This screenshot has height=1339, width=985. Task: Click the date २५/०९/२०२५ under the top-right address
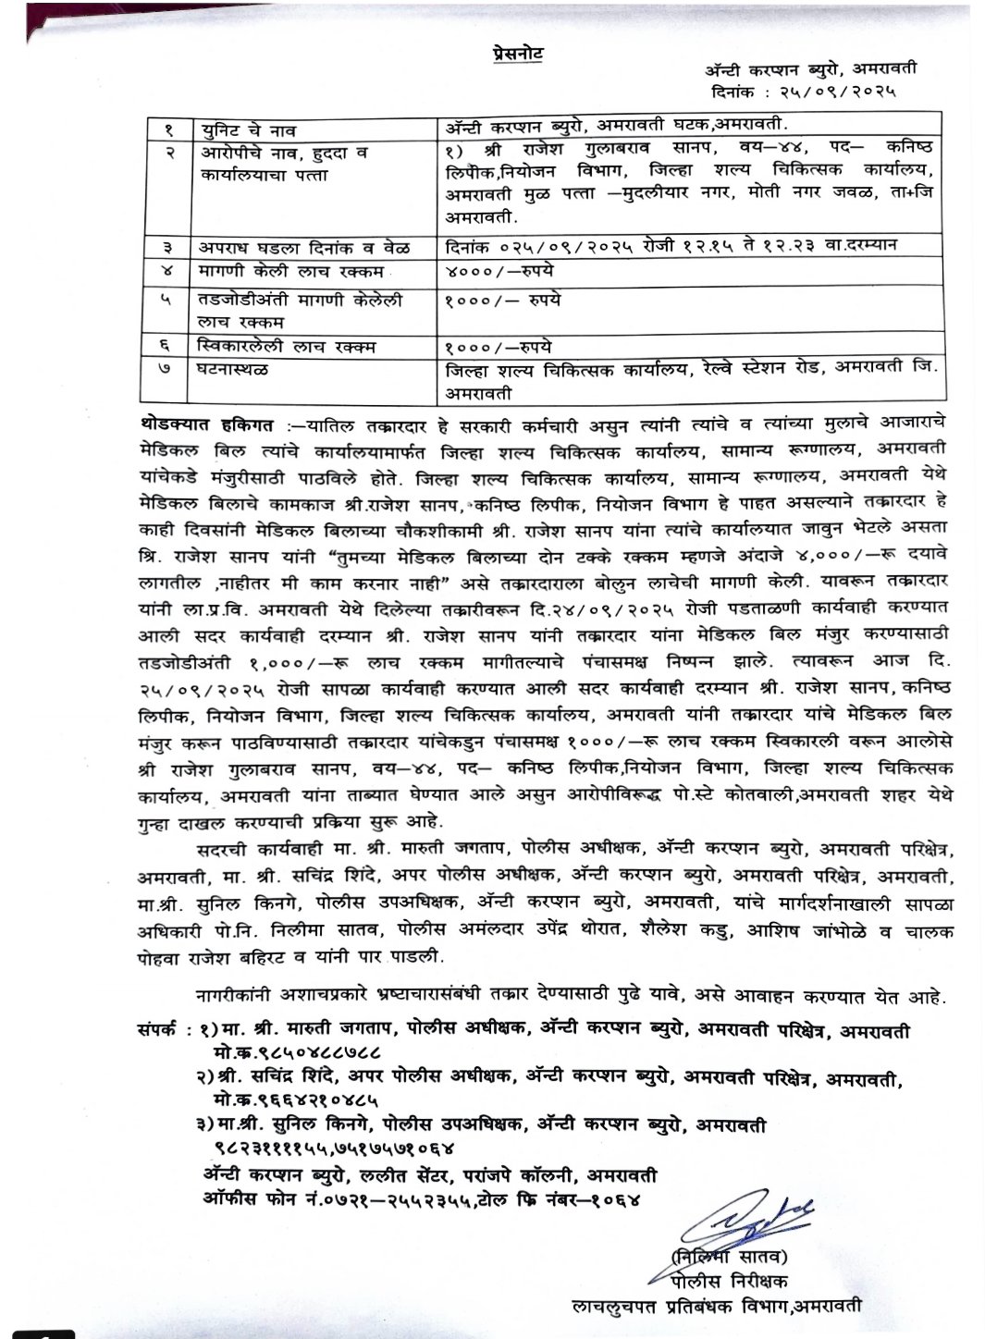point(843,92)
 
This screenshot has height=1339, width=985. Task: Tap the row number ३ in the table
point(169,248)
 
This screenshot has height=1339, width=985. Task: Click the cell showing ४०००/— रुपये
point(502,272)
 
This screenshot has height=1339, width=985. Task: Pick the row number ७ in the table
point(169,370)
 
